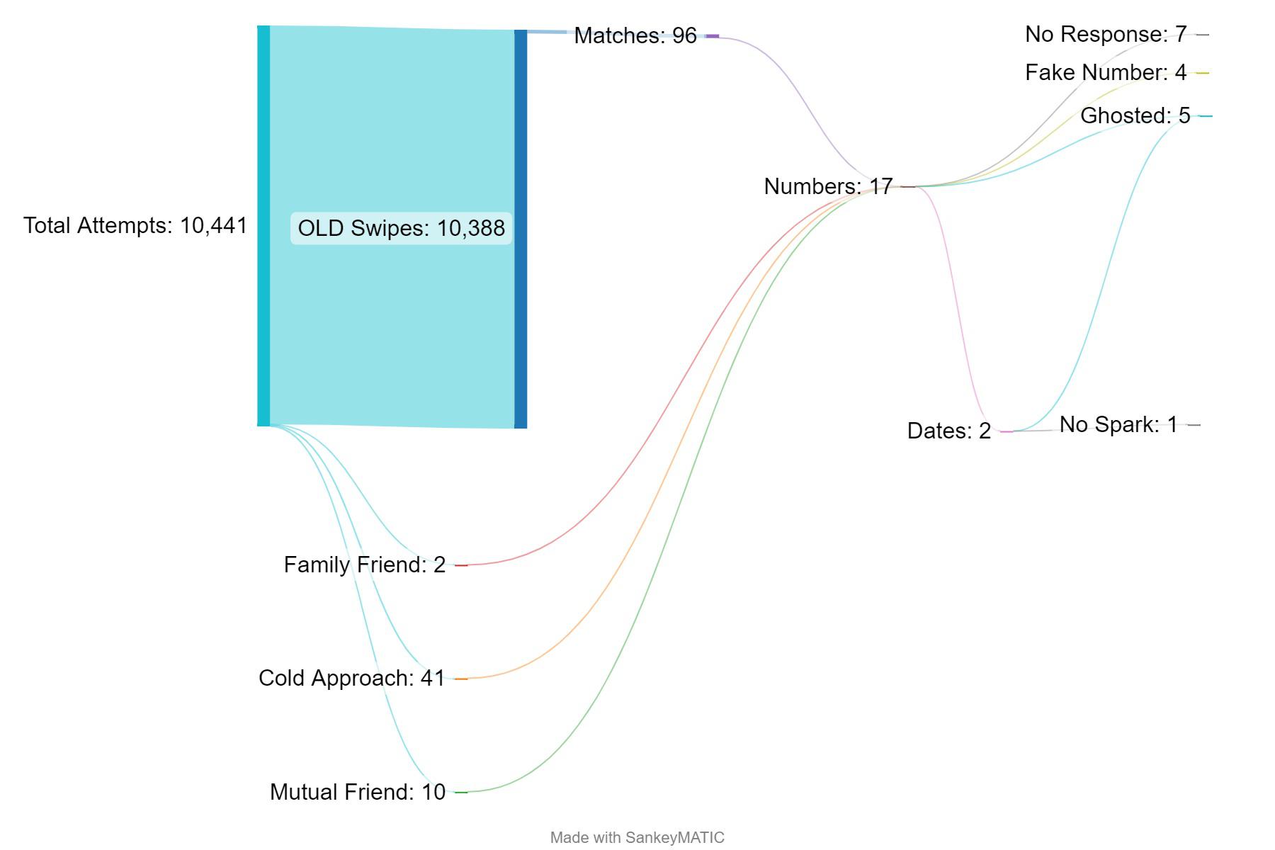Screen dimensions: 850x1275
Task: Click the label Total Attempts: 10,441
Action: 135,226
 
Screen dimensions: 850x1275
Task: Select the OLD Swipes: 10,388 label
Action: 401,228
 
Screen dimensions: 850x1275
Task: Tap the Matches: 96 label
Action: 635,35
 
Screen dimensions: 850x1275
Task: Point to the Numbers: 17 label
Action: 828,186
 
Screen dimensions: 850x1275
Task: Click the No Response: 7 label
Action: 1106,34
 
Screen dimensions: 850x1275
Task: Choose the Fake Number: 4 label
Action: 1106,72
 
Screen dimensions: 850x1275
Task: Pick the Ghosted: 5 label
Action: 1135,115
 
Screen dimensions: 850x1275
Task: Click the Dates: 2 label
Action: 949,431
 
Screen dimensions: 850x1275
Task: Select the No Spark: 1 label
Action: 1118,424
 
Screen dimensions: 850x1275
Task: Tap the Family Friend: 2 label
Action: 365,565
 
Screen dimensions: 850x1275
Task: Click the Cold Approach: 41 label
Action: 352,678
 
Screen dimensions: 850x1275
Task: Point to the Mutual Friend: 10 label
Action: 358,792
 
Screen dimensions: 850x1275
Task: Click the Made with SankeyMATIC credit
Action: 637,837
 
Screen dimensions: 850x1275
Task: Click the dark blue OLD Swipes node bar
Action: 521,229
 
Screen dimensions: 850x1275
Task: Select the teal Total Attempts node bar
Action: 263,225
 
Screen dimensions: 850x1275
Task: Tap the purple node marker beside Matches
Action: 712,36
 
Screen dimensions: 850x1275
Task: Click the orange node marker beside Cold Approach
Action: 461,679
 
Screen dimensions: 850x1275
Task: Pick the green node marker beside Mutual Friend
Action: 461,792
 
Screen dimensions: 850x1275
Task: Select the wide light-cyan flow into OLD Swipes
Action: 392,142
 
